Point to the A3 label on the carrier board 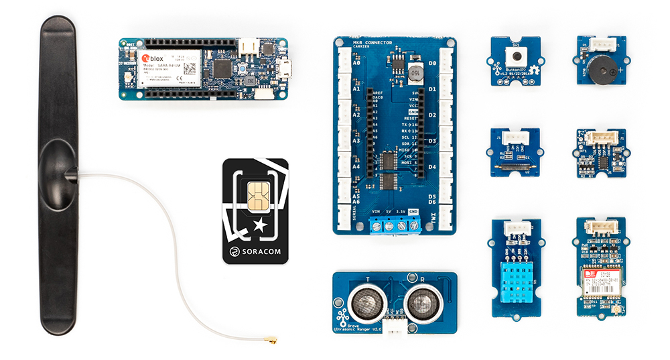pos(356,141)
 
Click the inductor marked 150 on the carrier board pos(415,70)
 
